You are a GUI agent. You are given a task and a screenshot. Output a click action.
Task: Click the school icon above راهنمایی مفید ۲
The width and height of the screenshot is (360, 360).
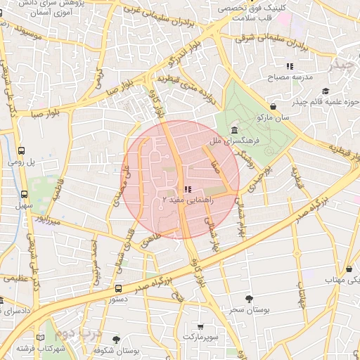pos(186,189)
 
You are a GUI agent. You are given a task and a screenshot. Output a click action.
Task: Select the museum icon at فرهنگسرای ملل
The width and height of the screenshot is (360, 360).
pos(233,131)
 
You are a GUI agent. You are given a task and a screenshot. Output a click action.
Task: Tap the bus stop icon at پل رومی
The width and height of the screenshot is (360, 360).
pos(22,150)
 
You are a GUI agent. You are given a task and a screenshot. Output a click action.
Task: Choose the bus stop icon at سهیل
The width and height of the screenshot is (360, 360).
pos(25,194)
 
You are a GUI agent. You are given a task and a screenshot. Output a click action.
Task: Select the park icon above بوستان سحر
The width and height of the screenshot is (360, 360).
pos(248,298)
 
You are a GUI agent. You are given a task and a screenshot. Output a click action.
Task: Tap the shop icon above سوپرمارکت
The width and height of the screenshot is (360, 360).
pos(202,327)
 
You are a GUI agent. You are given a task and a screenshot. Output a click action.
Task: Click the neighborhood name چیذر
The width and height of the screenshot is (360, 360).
pos(340,66)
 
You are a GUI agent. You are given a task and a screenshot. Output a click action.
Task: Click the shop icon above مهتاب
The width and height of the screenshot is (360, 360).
pos(349,269)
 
